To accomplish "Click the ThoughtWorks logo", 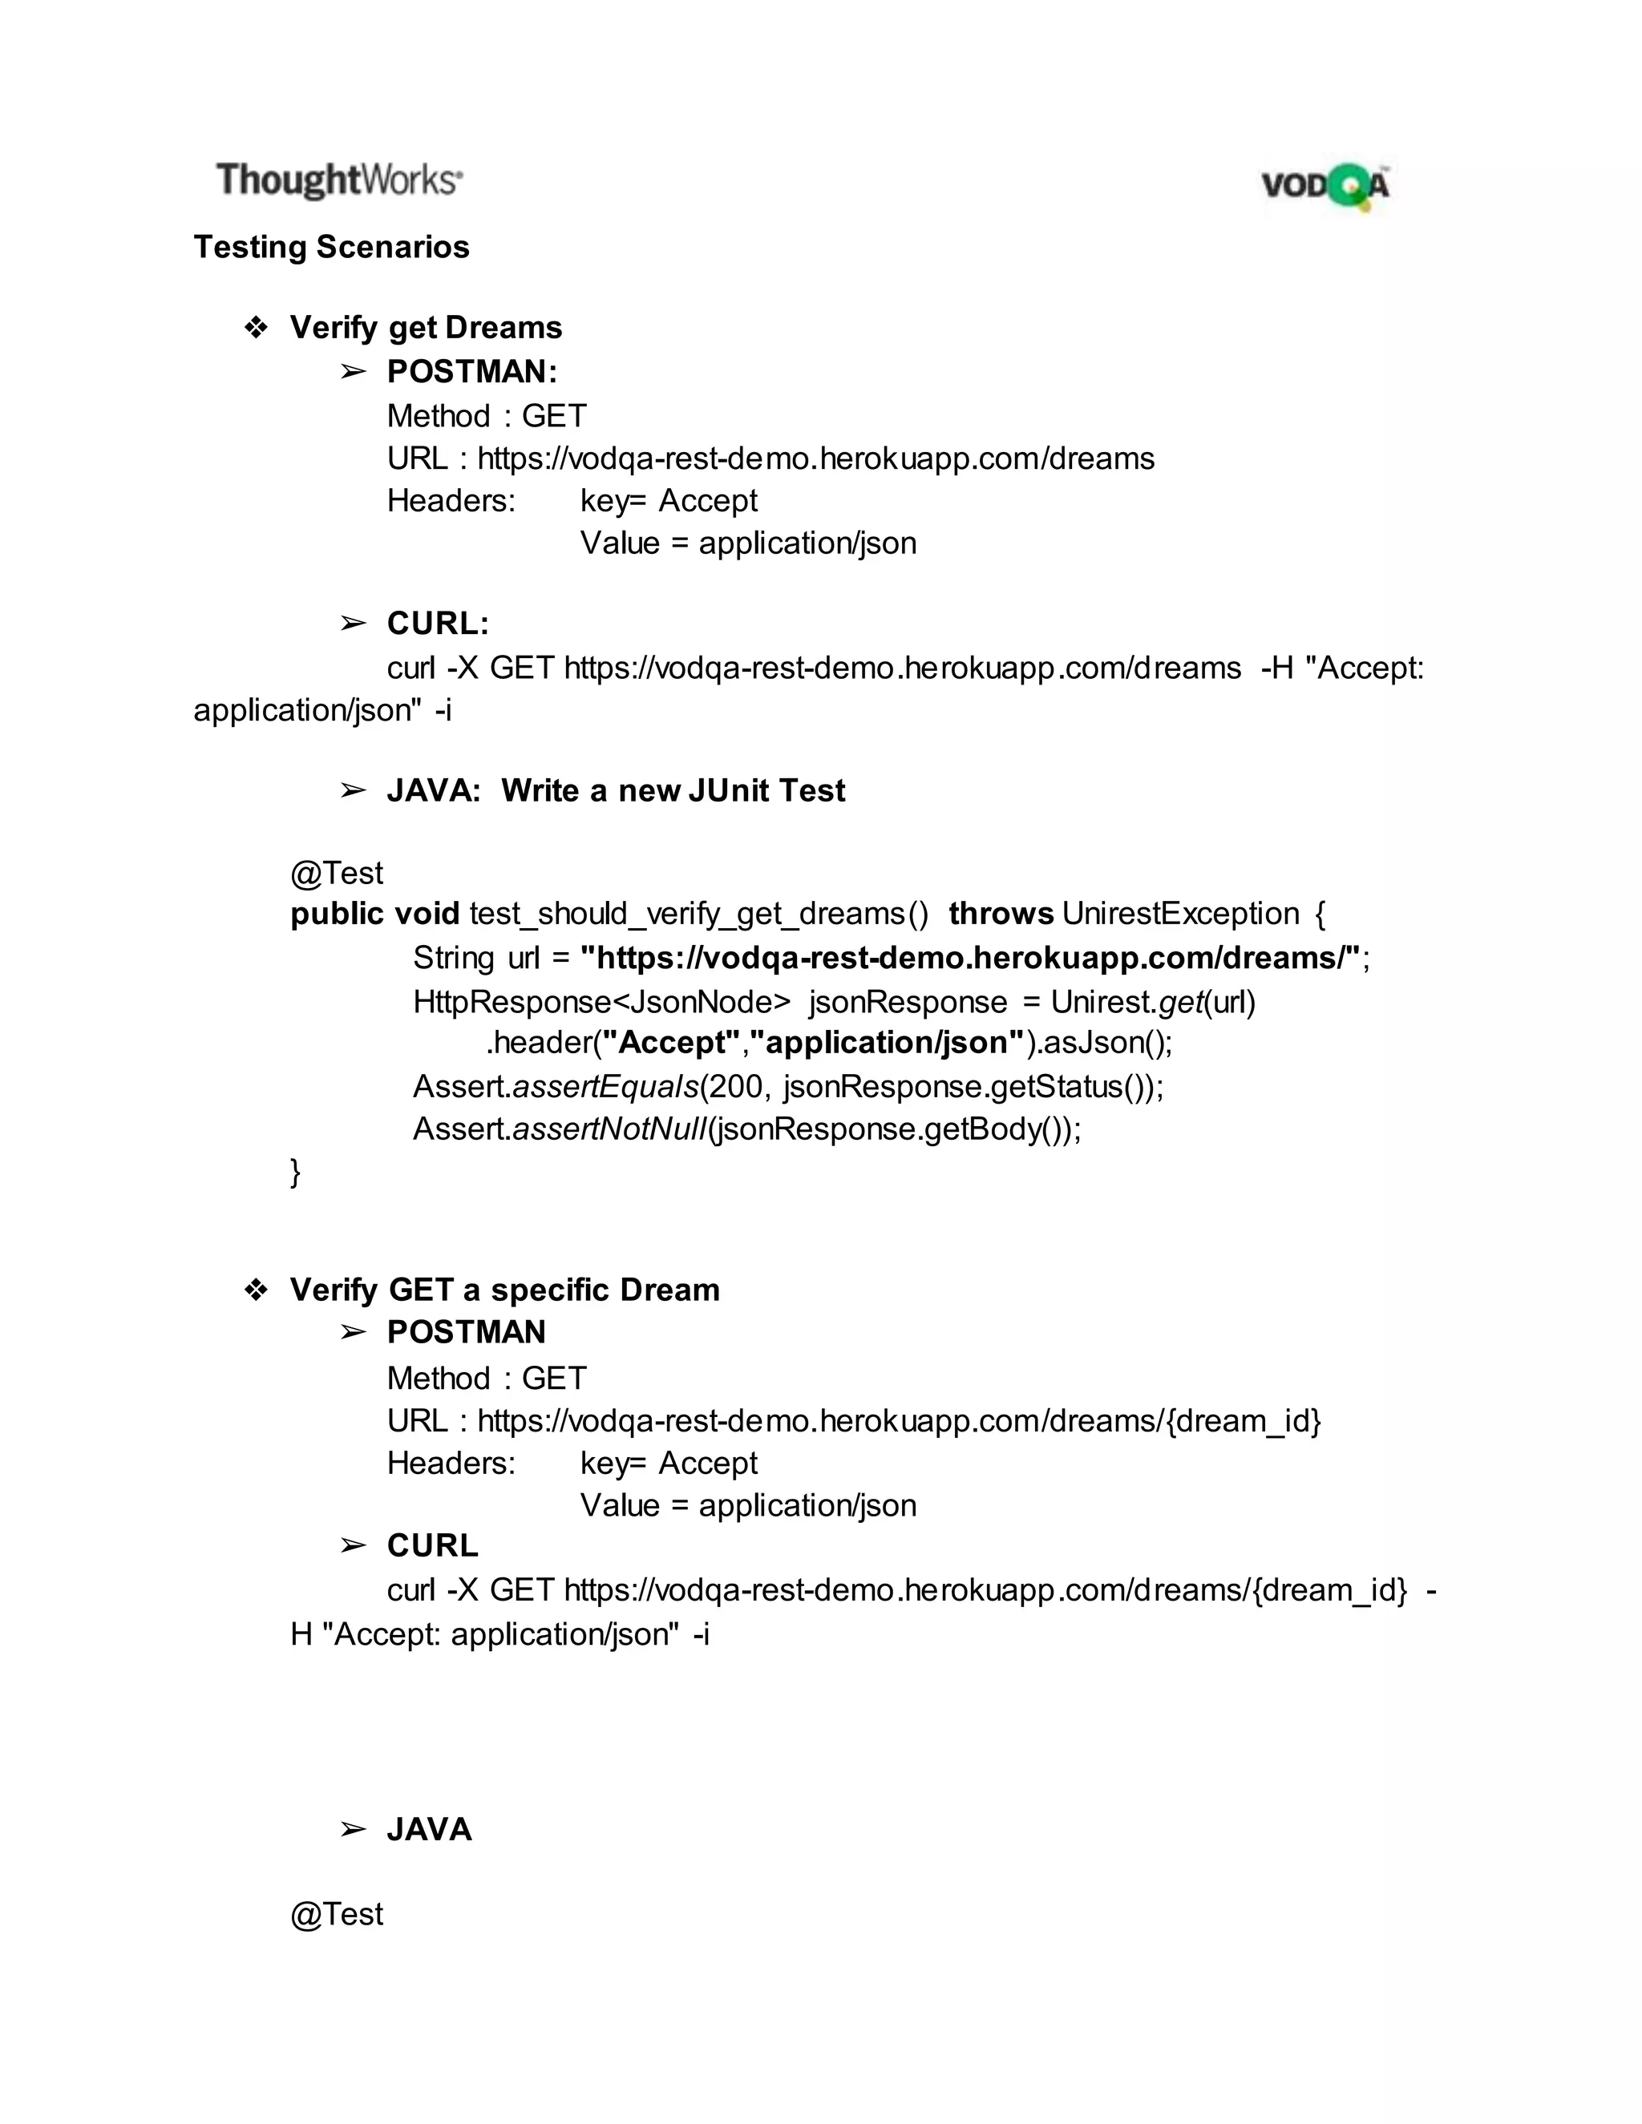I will (x=338, y=181).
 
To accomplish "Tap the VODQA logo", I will (x=1325, y=185).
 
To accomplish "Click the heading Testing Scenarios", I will (x=331, y=247).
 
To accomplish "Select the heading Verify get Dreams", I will (x=425, y=328).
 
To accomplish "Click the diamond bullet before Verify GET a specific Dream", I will (x=256, y=1290).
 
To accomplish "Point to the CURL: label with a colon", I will (x=438, y=624).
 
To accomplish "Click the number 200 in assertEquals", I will (x=736, y=1086).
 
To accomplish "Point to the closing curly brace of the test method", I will (x=296, y=1171).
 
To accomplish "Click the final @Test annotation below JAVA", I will (x=337, y=1914).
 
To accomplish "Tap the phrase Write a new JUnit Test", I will (x=673, y=790).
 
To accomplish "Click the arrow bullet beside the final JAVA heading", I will (x=353, y=1829).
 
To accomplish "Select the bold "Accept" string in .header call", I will (x=671, y=1043).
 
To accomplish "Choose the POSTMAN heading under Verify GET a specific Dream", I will (x=466, y=1332).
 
